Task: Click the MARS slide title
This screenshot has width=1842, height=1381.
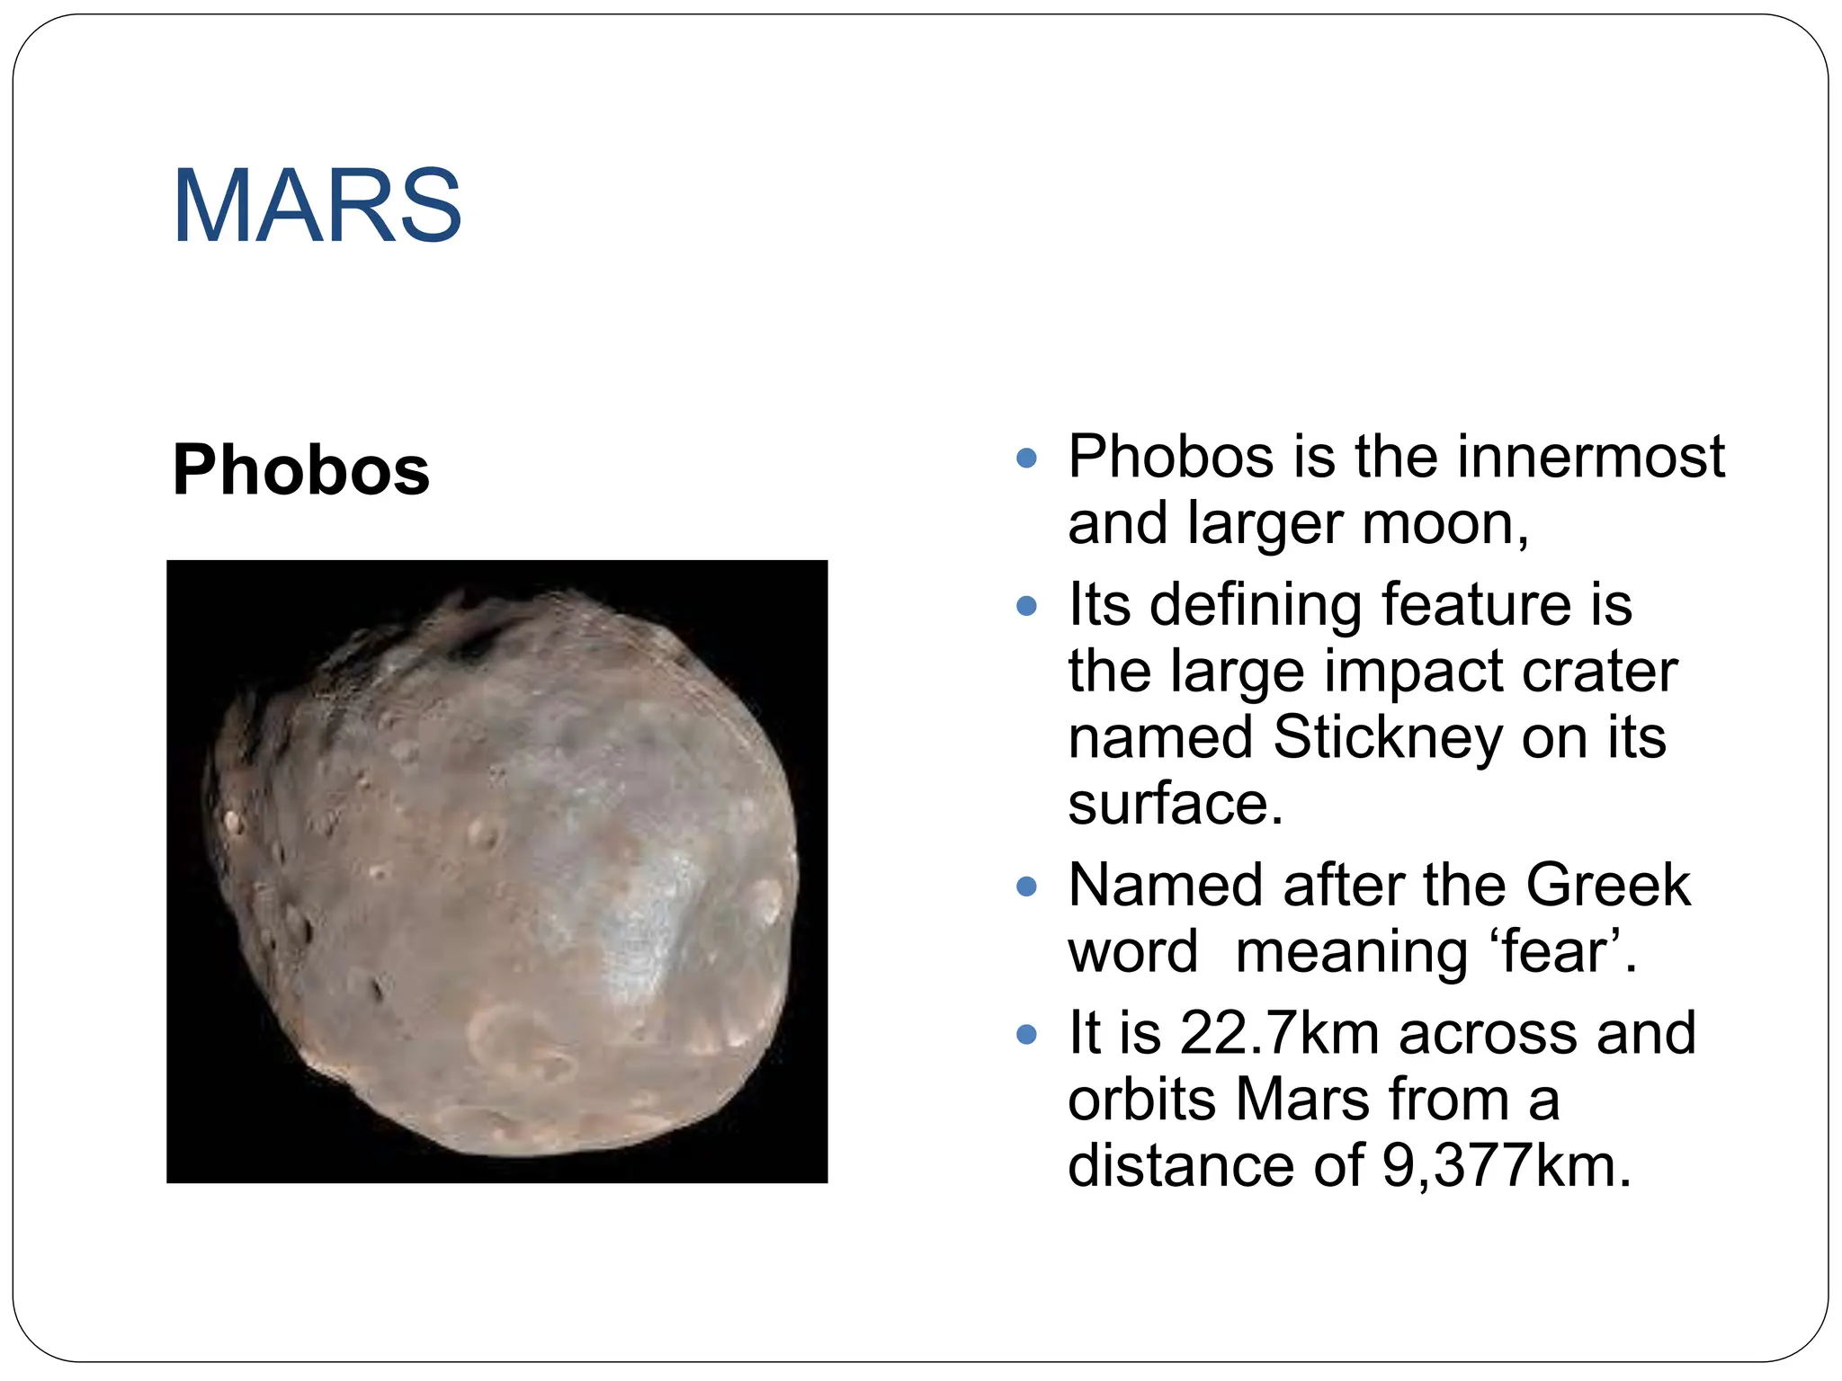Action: click(317, 206)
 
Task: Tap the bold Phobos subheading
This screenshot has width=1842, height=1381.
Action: click(300, 470)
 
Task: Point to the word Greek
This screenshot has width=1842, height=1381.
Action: click(1608, 885)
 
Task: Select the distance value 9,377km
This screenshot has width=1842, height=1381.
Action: click(1506, 1165)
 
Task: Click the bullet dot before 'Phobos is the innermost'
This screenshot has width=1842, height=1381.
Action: click(1026, 459)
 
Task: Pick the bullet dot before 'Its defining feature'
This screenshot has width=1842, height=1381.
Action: click(1026, 606)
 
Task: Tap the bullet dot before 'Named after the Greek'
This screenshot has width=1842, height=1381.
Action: click(1026, 887)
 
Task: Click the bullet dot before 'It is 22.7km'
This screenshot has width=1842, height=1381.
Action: click(1026, 1035)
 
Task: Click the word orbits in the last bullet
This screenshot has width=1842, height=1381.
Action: click(1141, 1099)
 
